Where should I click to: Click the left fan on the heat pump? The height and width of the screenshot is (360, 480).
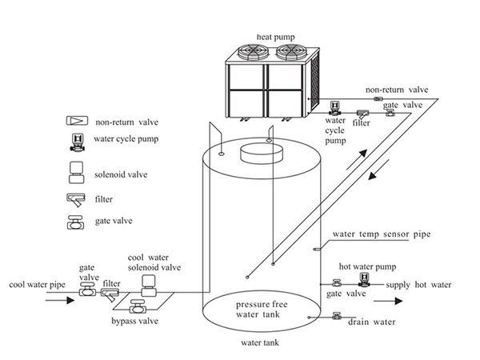pyautogui.click(x=254, y=52)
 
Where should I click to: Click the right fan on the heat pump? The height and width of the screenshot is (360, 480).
pyautogui.click(x=292, y=52)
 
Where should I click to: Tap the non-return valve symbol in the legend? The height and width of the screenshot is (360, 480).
pyautogui.click(x=77, y=121)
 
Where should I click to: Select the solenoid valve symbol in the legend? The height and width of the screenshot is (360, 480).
pyautogui.click(x=76, y=173)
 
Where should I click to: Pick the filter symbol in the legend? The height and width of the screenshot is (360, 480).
pyautogui.click(x=76, y=200)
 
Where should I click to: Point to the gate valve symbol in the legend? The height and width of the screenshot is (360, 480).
pyautogui.click(x=75, y=222)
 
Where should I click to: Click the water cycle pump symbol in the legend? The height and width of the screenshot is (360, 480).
pyautogui.click(x=77, y=142)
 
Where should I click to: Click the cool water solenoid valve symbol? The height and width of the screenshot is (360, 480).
pyautogui.click(x=149, y=286)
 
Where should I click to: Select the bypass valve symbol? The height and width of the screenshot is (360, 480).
pyautogui.click(x=137, y=306)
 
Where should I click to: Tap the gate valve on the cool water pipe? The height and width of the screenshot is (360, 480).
pyautogui.click(x=87, y=290)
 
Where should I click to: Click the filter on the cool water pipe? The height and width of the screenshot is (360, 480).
pyautogui.click(x=110, y=294)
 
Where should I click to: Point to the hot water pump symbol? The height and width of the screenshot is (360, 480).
pyautogui.click(x=364, y=280)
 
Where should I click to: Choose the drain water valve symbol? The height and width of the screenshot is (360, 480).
pyautogui.click(x=337, y=316)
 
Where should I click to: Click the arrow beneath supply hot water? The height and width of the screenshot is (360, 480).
pyautogui.click(x=388, y=302)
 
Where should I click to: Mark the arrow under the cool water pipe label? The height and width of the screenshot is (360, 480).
pyautogui.click(x=60, y=300)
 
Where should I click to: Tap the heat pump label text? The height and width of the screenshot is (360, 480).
pyautogui.click(x=275, y=37)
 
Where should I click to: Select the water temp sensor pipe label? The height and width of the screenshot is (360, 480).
pyautogui.click(x=382, y=234)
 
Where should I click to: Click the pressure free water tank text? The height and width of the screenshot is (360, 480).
pyautogui.click(x=262, y=309)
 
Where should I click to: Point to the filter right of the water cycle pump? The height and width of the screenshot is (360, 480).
pyautogui.click(x=362, y=114)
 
